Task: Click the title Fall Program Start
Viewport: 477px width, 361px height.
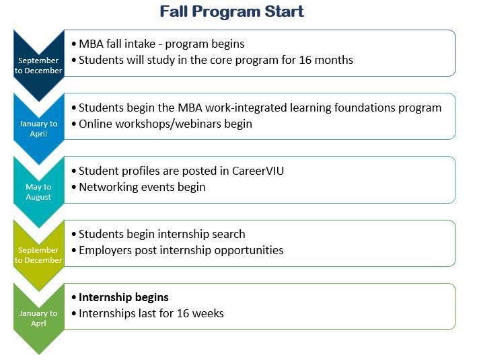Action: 231,11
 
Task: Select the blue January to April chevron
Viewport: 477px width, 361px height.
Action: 38,128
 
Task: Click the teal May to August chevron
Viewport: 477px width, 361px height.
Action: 38,192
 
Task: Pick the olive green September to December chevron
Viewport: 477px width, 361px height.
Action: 38,255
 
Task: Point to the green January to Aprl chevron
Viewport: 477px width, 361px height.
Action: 38,318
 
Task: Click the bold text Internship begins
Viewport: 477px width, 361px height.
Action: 124,297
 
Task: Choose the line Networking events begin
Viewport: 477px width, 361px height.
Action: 142,187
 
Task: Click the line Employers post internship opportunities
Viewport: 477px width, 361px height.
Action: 181,250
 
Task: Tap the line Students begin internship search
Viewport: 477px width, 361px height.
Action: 161,234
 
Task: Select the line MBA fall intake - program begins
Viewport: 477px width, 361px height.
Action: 161,44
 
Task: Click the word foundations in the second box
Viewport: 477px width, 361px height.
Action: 355,108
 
